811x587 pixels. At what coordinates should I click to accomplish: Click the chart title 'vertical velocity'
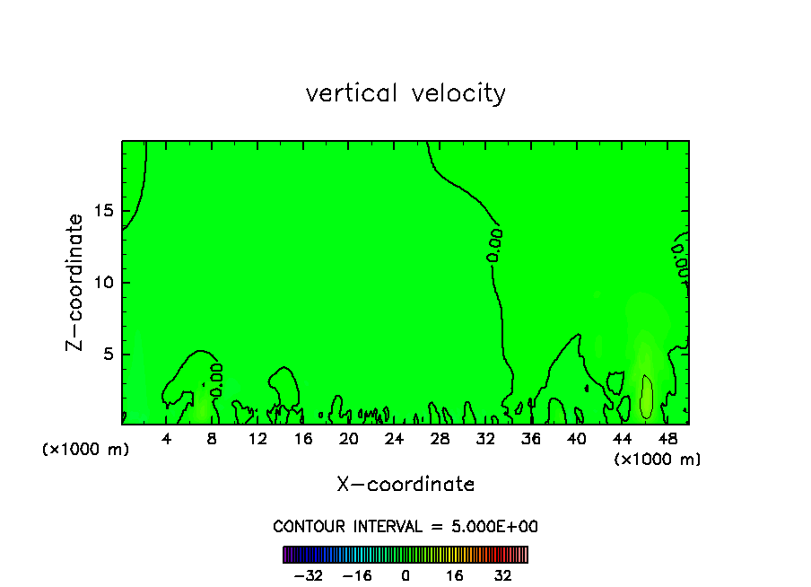click(405, 93)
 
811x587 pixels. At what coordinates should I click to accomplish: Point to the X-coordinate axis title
click(405, 485)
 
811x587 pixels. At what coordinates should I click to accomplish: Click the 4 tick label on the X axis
click(167, 439)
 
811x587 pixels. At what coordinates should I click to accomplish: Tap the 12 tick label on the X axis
click(257, 439)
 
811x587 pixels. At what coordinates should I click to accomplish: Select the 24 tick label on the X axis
click(394, 439)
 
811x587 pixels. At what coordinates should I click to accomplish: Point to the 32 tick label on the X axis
click(485, 439)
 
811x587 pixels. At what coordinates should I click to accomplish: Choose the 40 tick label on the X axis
click(576, 439)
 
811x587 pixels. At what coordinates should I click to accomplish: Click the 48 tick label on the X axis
click(667, 439)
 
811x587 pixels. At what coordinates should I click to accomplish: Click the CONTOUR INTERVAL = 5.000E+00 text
click(405, 526)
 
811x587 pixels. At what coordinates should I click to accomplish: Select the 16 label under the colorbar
click(455, 575)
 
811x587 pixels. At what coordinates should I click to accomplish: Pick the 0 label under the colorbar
click(405, 575)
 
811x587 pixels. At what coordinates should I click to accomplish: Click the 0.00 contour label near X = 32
click(494, 245)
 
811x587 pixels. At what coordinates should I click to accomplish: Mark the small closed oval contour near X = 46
click(647, 397)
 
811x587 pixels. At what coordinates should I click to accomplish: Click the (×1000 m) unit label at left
click(86, 450)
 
